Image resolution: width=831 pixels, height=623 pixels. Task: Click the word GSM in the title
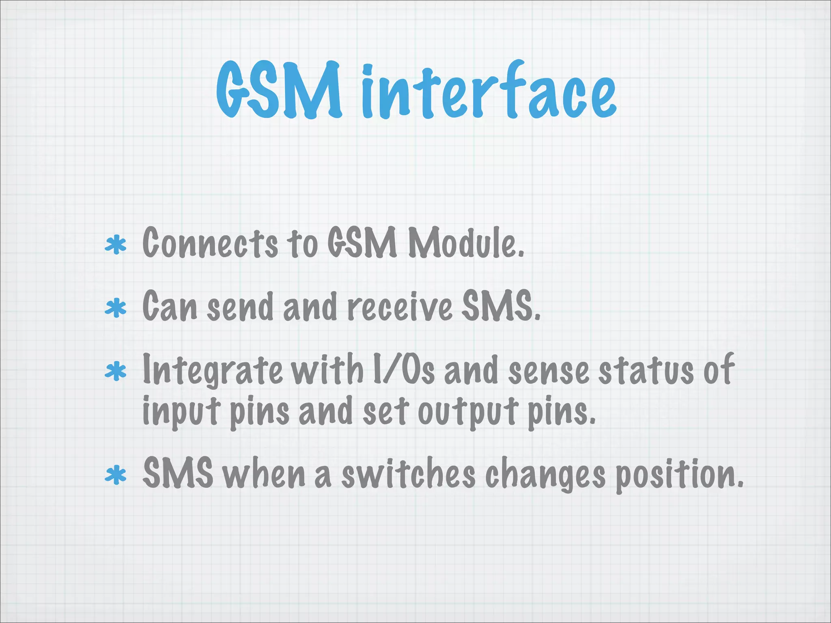(x=279, y=90)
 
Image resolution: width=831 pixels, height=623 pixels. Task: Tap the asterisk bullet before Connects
(x=116, y=245)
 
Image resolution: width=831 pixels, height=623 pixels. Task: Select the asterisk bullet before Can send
(x=116, y=308)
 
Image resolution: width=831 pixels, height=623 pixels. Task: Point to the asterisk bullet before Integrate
(x=116, y=372)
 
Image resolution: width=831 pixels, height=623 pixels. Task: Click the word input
(x=181, y=412)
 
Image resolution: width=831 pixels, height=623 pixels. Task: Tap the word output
(x=467, y=412)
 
